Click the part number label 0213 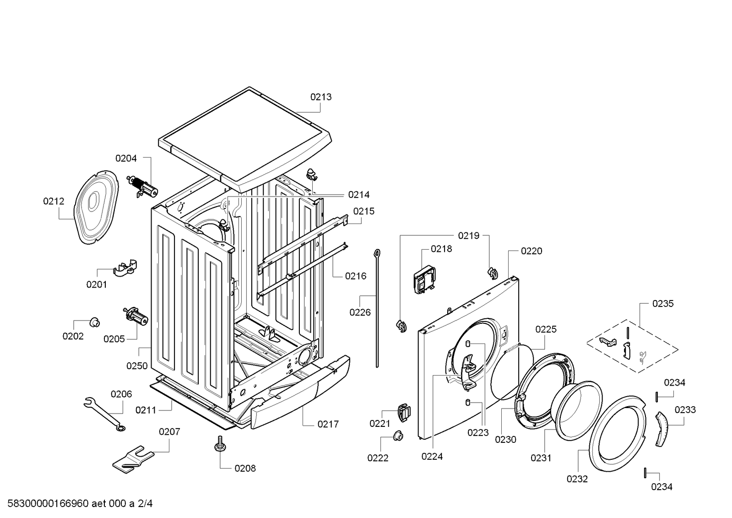coord(321,97)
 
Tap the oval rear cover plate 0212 coord(96,207)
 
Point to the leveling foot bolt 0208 coord(220,444)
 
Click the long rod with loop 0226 coord(377,308)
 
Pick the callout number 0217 coord(328,424)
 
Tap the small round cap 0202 coord(95,322)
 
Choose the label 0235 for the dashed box coord(663,304)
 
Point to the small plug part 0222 coord(398,436)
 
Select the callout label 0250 coord(137,365)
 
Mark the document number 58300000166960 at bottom coord(48,503)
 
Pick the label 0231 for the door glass coord(541,458)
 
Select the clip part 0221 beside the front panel coord(404,413)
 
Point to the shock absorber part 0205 coord(136,316)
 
